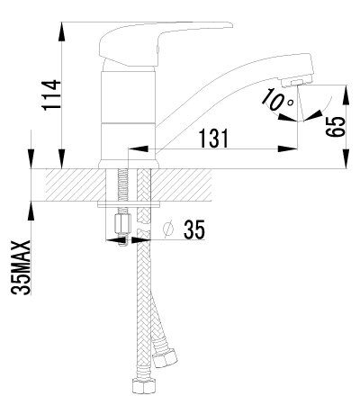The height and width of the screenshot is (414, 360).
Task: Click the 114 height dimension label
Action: click(50, 95)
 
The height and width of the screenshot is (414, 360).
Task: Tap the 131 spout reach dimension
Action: click(213, 138)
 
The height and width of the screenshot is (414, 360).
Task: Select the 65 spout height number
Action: click(336, 127)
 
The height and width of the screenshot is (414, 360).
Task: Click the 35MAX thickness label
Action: click(21, 267)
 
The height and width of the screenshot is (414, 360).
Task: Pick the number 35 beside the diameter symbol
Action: click(194, 229)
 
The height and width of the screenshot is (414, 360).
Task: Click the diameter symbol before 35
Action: click(168, 229)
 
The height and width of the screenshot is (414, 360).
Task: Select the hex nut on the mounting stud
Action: click(122, 224)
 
